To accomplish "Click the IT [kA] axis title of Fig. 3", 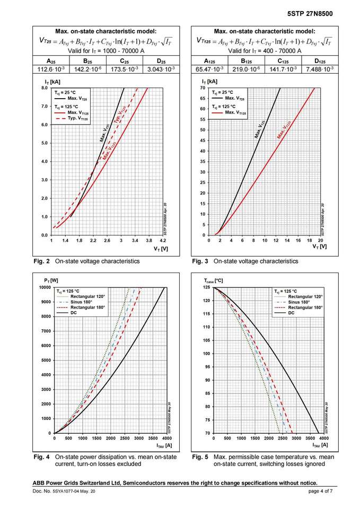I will pos(209,81).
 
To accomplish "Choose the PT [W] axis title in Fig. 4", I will pos(51,280).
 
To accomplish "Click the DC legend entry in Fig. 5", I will pos(291,313).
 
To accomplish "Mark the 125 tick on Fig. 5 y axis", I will pos(206,287).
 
